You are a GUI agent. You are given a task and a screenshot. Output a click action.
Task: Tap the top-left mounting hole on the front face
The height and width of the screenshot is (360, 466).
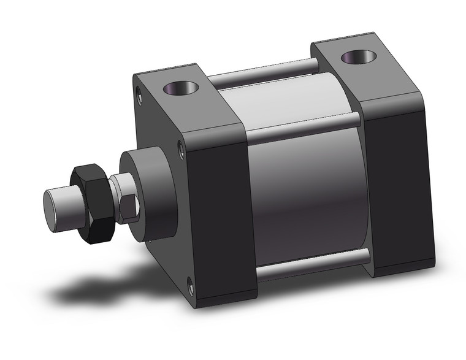[139, 96]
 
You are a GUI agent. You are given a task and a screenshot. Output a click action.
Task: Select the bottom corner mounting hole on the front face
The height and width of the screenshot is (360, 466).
[191, 283]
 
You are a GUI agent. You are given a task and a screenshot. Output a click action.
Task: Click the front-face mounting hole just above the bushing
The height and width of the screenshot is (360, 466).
[180, 147]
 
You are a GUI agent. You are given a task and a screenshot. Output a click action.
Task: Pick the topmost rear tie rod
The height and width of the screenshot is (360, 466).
[264, 69]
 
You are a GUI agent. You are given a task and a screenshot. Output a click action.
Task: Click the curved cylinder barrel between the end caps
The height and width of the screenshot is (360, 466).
[307, 190]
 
